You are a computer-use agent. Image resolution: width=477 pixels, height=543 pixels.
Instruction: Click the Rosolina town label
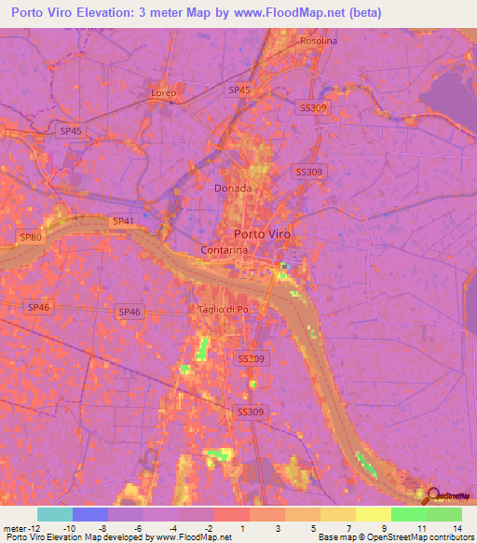tap(319, 41)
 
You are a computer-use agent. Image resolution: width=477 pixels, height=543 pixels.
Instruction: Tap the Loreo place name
tap(163, 93)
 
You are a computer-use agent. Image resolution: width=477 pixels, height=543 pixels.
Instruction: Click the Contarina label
tap(223, 251)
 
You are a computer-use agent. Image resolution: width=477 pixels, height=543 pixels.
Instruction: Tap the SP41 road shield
tap(122, 221)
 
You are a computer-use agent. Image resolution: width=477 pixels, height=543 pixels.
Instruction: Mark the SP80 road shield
tap(30, 238)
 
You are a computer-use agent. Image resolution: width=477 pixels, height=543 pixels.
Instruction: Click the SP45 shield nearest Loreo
tap(238, 90)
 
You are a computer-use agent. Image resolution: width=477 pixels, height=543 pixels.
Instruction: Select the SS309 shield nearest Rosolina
tap(314, 108)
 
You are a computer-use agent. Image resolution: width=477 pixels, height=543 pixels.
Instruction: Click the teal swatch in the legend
tap(55, 514)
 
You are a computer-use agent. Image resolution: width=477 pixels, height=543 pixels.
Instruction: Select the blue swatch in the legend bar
tap(90, 514)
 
